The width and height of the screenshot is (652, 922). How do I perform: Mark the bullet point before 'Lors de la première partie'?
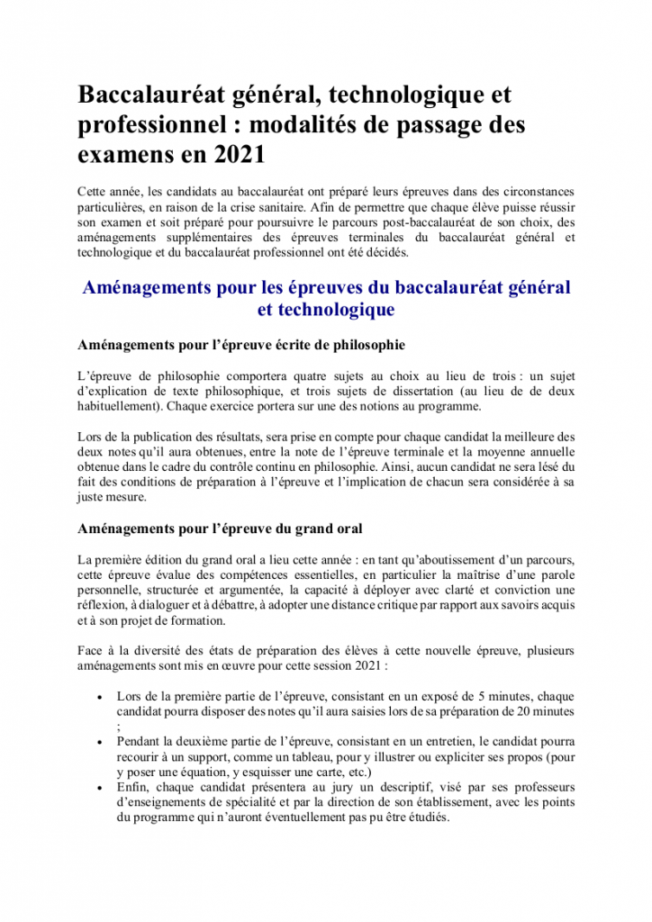pyautogui.click(x=98, y=697)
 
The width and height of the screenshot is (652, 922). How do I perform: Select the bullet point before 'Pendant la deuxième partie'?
pyautogui.click(x=98, y=742)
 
